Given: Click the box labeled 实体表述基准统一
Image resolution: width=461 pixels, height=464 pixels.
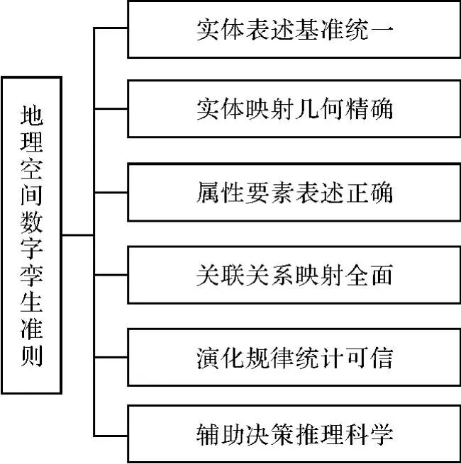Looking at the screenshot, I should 294,30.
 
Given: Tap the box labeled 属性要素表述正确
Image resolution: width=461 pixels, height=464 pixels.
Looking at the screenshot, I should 294,193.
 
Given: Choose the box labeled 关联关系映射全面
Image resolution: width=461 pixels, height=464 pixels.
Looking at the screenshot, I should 294,276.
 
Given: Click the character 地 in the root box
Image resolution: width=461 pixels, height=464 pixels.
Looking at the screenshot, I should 32,115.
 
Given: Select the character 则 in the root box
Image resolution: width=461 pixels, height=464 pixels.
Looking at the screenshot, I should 32,354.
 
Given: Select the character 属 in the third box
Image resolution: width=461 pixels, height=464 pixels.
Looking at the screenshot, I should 206,193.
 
